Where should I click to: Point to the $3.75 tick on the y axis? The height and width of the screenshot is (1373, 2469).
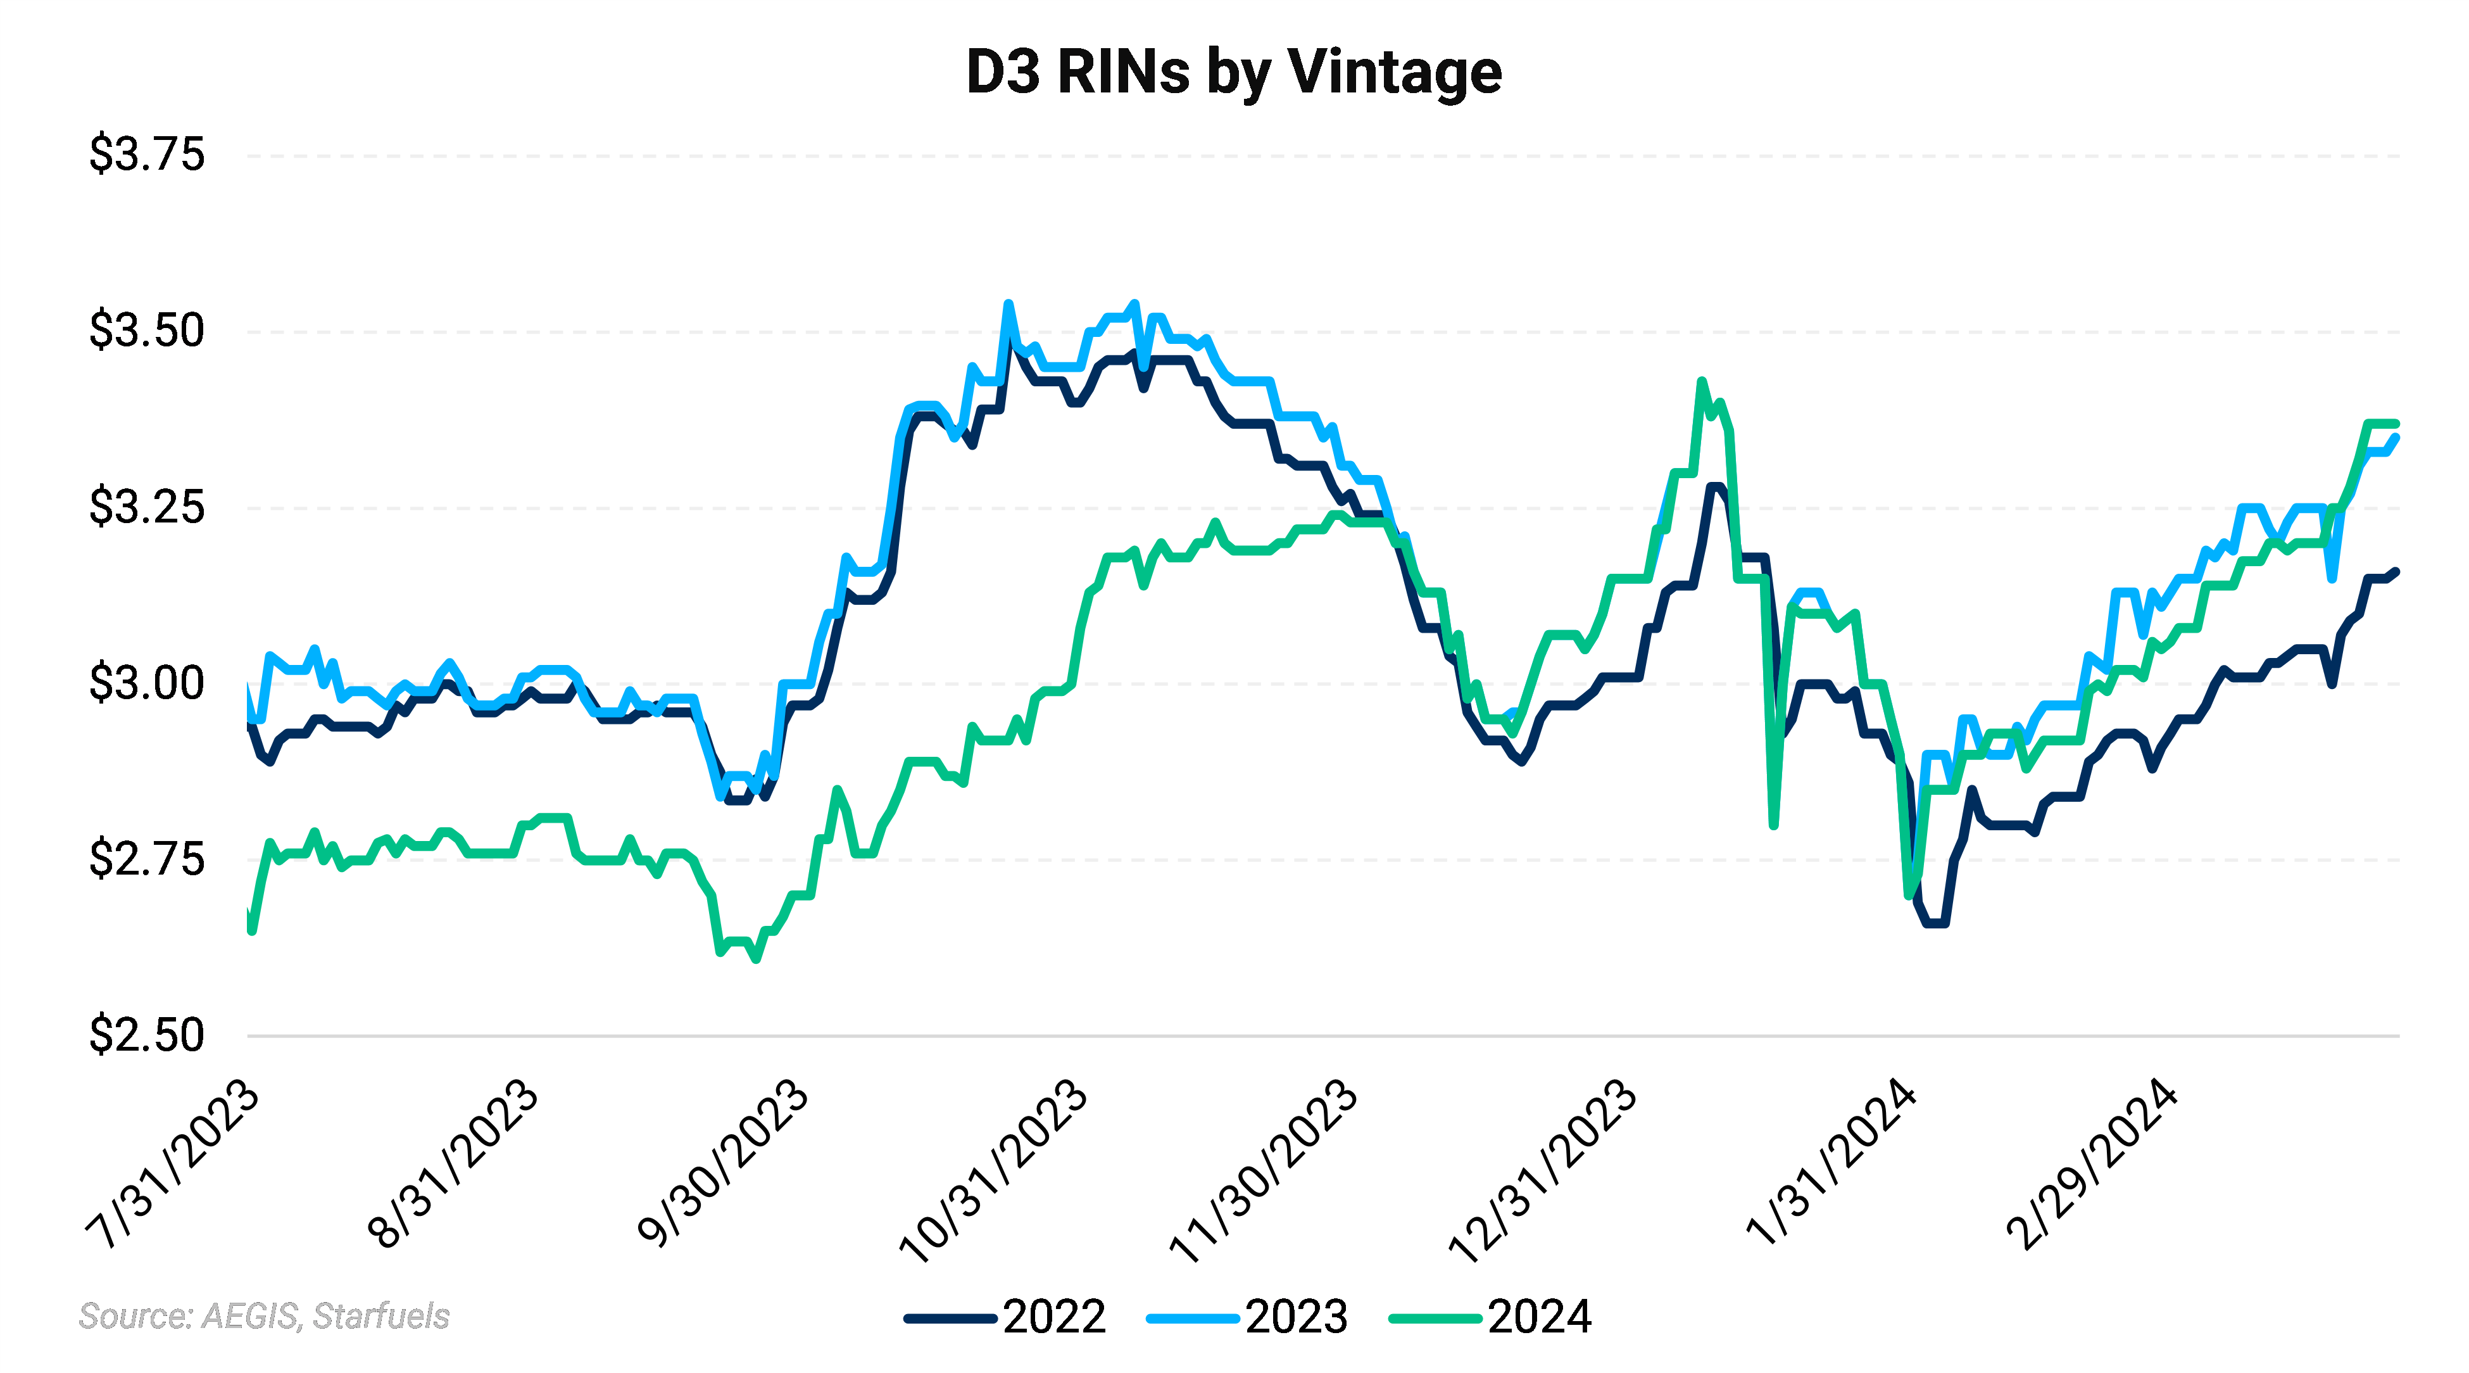pos(147,155)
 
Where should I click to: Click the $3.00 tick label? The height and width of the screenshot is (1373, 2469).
pos(147,683)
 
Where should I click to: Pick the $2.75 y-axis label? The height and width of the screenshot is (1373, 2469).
pos(147,859)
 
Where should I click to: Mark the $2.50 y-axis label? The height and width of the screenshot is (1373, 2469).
pos(147,1035)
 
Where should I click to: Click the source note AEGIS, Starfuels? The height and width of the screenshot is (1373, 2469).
pos(265,1317)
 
